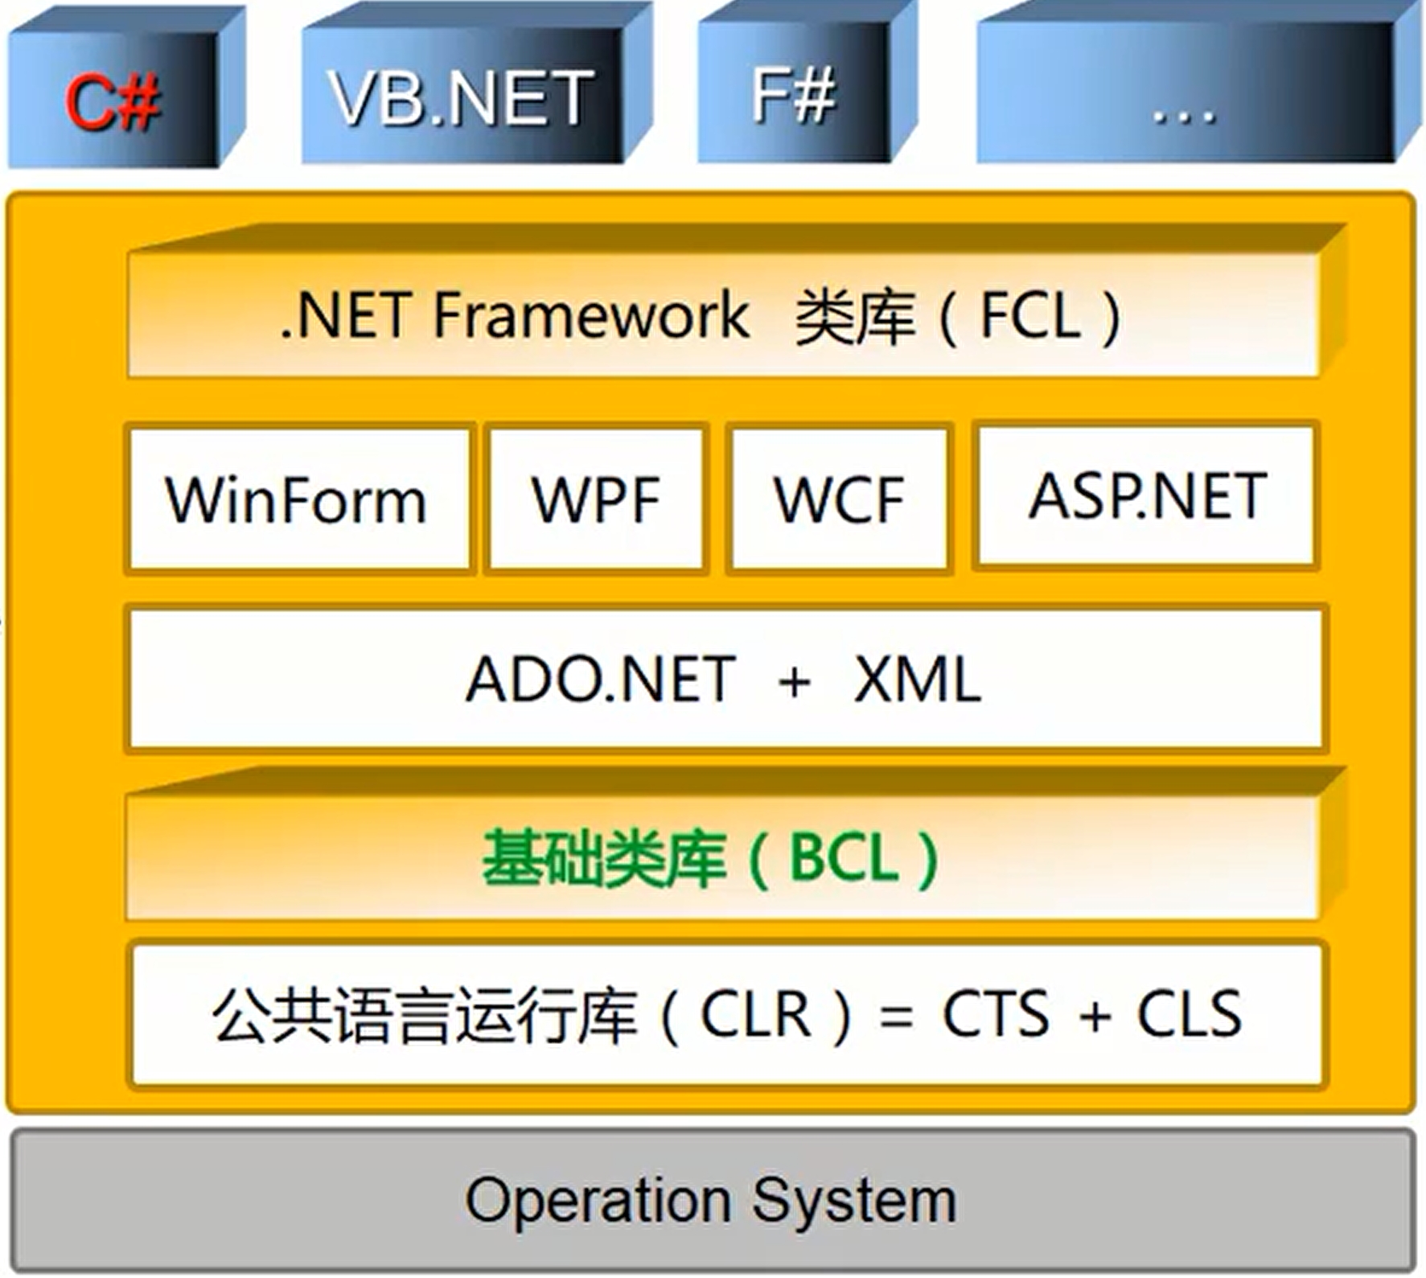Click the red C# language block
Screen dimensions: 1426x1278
pos(113,101)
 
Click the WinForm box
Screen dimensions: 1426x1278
pos(296,499)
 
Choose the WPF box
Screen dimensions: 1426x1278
pos(596,499)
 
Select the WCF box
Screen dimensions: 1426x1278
pos(839,499)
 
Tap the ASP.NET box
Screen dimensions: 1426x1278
pos(1147,495)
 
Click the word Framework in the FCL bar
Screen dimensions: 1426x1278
pos(591,314)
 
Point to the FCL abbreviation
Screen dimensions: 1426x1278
pos(1030,316)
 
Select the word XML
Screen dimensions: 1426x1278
pos(917,680)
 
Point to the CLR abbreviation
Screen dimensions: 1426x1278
pos(754,1014)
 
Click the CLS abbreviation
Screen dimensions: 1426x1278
pos(1189,1014)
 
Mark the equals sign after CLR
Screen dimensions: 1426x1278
pos(896,1018)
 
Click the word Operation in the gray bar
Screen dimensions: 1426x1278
pos(598,1200)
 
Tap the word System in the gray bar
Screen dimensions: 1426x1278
pos(854,1202)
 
